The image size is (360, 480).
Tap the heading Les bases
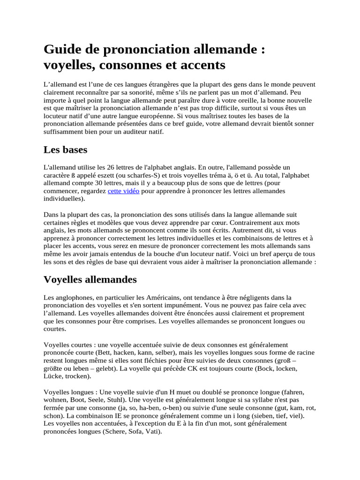tap(66, 150)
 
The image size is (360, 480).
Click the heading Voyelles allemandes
tap(90, 279)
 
